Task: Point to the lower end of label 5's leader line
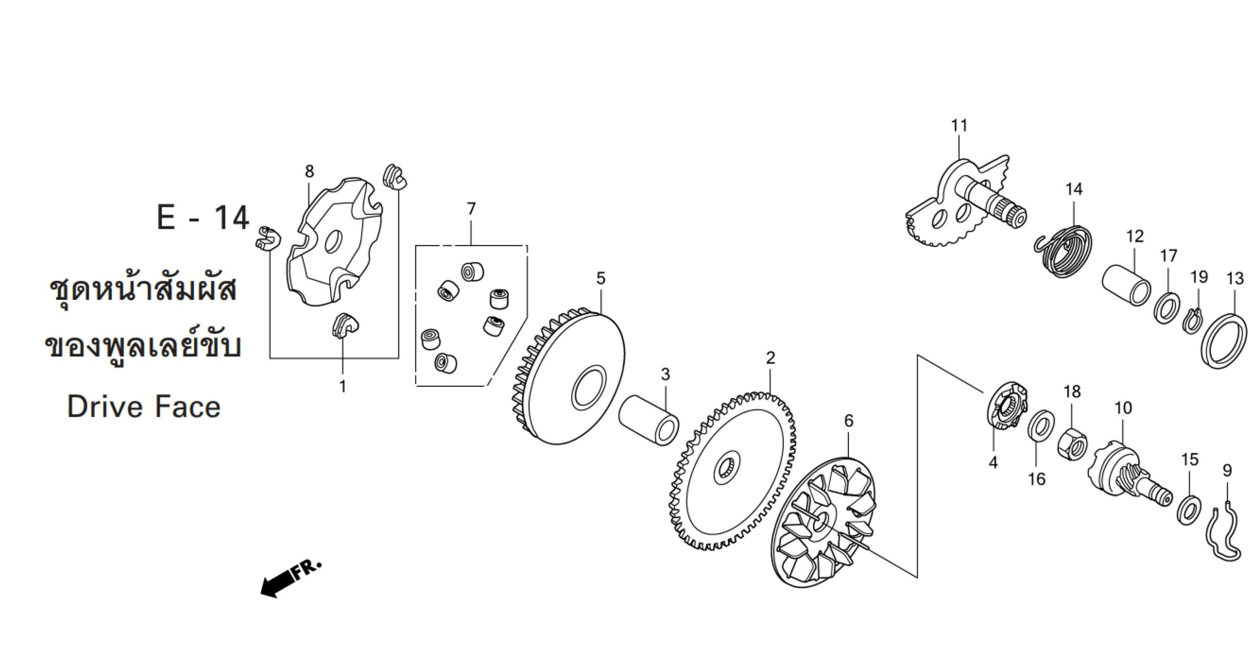601,313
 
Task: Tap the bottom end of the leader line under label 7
471,245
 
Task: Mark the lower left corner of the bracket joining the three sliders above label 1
270,358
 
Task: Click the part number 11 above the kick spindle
959,126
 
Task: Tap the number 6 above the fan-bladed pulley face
849,420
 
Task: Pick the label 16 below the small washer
1036,479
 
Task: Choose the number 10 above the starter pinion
1123,408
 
